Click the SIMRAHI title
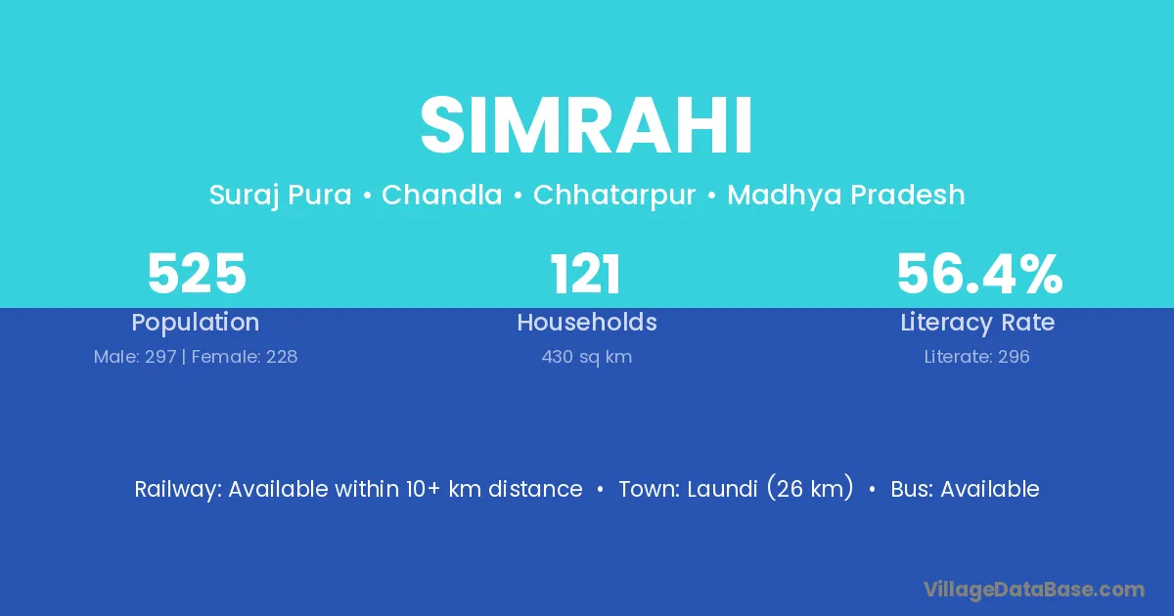[586, 125]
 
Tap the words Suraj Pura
[281, 196]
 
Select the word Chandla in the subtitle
[442, 195]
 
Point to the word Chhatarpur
[614, 196]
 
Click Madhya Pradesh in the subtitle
[846, 196]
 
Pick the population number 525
[197, 274]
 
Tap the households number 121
[586, 274]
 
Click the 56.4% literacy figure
[979, 274]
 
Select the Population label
[196, 323]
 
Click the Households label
[587, 322]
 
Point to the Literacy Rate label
[977, 323]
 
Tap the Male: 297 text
[135, 357]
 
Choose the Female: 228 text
[245, 357]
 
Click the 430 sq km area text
[586, 357]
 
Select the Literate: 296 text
[977, 357]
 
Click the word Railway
[178, 490]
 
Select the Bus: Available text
[965, 489]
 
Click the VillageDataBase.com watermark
[1034, 590]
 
